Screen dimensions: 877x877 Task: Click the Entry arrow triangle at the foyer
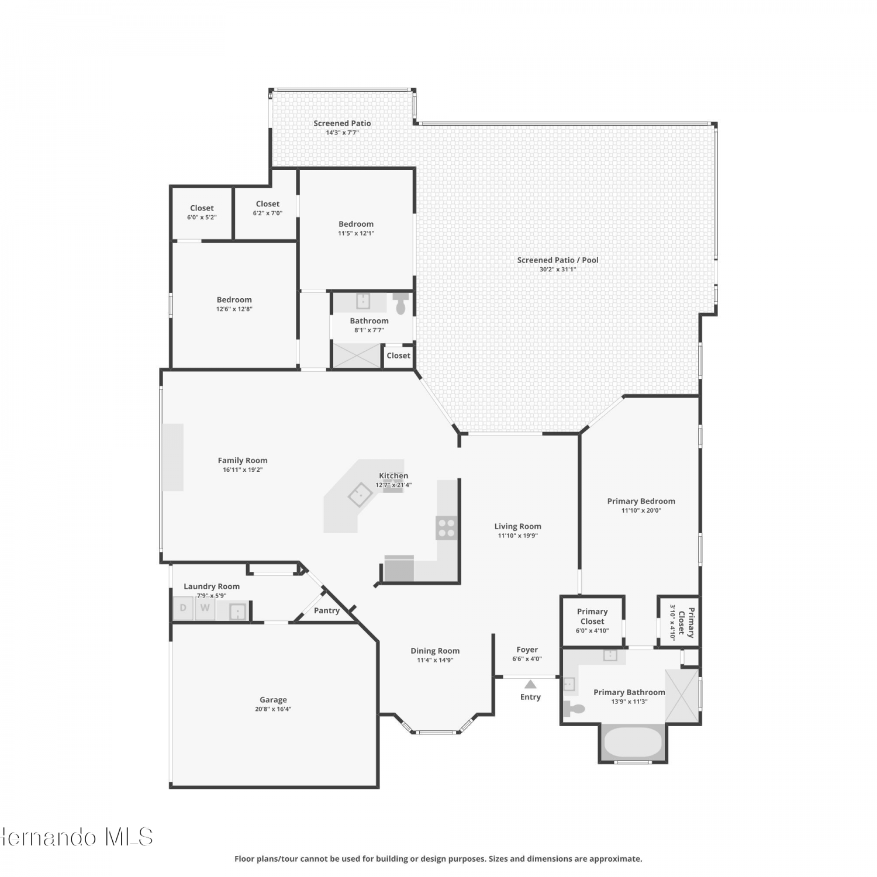(530, 684)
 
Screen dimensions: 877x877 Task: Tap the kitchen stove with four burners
(446, 528)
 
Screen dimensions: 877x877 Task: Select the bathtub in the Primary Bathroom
(633, 742)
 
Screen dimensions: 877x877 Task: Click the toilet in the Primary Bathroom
(574, 709)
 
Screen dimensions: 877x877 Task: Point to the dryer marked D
(183, 608)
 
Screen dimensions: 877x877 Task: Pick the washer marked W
(205, 608)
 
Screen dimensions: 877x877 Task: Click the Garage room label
(273, 700)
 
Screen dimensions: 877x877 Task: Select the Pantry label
(327, 610)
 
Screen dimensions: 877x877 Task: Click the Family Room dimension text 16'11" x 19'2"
(243, 469)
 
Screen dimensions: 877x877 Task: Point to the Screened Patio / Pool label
(558, 260)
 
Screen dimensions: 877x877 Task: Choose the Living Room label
(518, 526)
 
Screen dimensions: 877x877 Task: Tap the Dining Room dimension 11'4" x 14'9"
(435, 660)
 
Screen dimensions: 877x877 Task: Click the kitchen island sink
(361, 494)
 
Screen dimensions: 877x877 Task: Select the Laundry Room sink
(237, 612)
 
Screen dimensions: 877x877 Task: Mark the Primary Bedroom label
(641, 501)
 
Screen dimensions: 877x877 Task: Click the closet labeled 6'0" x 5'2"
(202, 212)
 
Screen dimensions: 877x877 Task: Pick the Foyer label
(527, 650)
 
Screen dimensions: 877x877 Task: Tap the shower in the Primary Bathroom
(682, 696)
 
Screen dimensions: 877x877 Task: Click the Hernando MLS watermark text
(76, 837)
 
